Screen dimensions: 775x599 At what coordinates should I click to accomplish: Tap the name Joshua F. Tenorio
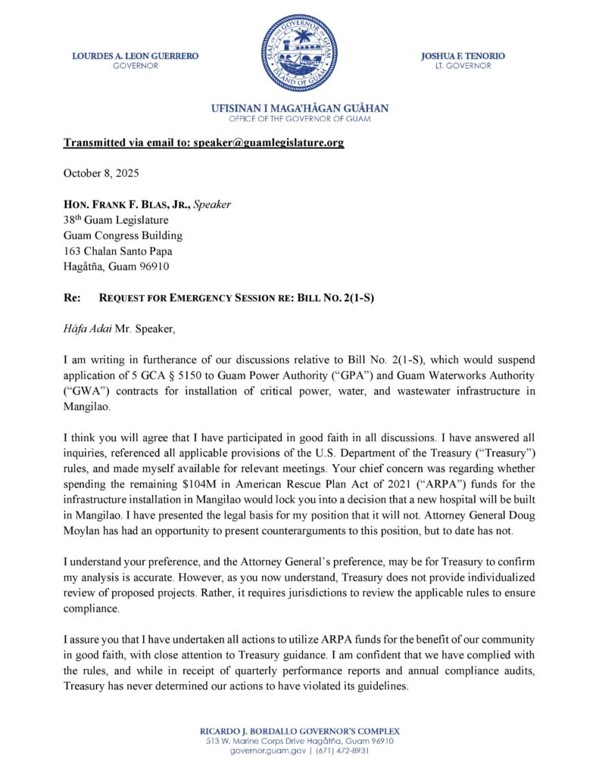point(463,56)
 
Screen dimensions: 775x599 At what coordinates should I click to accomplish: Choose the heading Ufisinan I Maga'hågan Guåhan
point(299,109)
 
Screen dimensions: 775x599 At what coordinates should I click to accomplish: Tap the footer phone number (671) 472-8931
point(345,752)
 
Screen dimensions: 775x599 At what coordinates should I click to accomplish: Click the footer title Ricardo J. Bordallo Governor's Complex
point(299,731)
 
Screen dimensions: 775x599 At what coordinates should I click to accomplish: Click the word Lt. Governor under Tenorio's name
point(463,66)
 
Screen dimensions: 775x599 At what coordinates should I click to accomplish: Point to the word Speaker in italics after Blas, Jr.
point(213,204)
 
